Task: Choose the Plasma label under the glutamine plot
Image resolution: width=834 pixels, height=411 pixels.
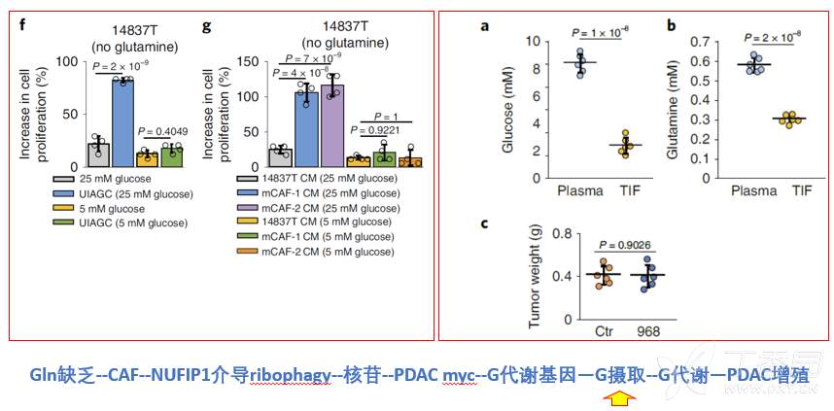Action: tap(752, 190)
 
